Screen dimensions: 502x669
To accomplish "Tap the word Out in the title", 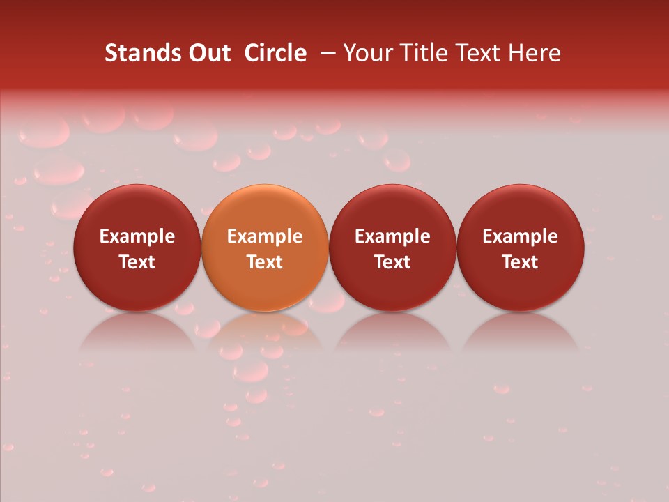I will coord(207,53).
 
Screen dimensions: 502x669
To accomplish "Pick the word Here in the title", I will coord(535,53).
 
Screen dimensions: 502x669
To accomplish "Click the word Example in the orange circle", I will coord(265,236).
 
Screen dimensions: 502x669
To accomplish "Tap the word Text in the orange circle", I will coord(265,262).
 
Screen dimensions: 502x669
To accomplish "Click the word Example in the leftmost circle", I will coord(137,236).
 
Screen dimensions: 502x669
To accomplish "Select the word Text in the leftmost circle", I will coord(137,262).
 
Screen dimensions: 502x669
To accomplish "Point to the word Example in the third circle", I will coord(392,236).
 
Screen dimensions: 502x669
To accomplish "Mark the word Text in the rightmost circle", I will coord(521,262).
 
